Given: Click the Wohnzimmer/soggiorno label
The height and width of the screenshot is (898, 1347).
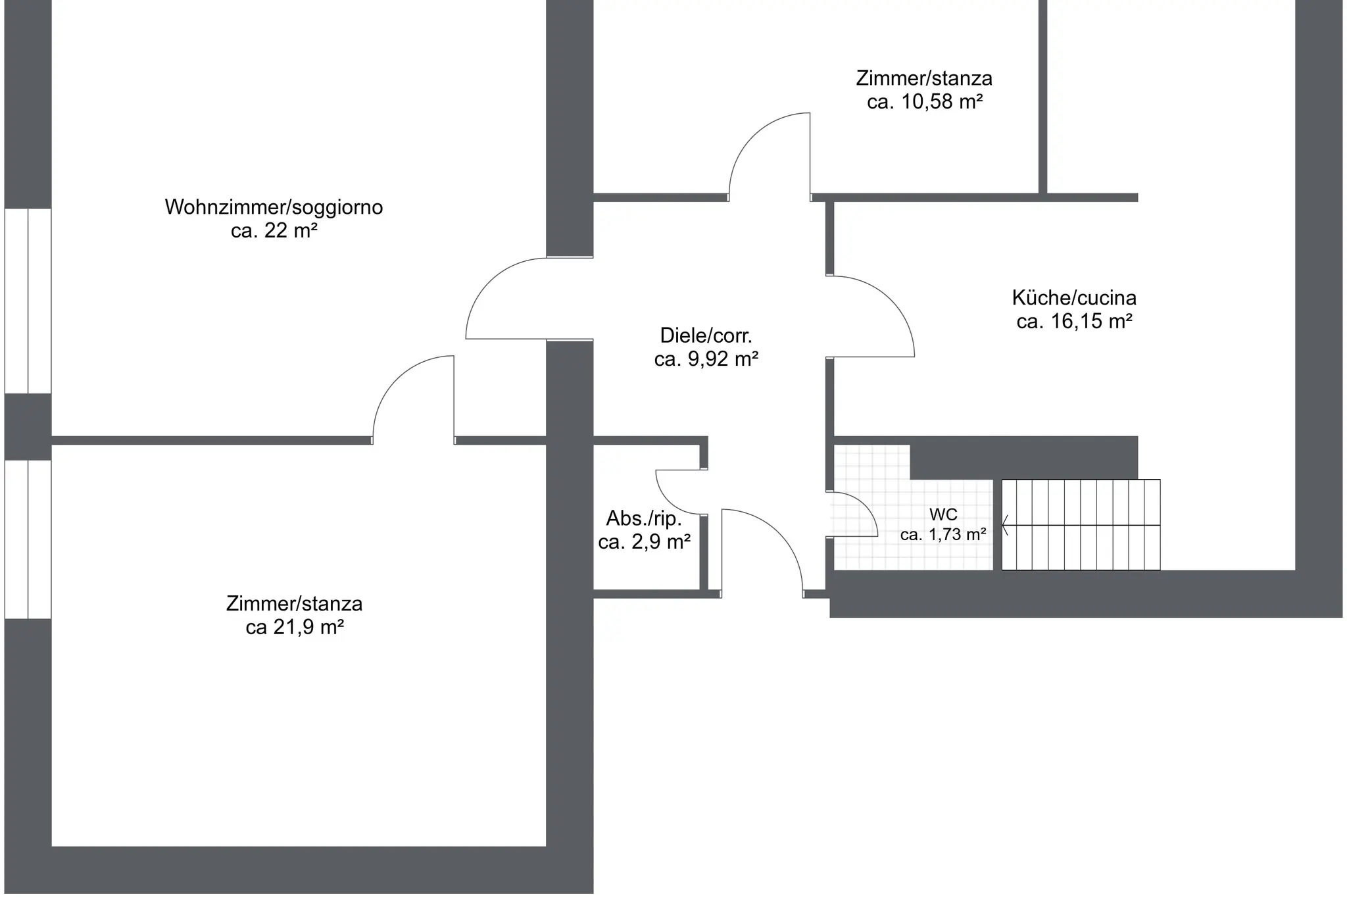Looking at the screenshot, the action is (274, 207).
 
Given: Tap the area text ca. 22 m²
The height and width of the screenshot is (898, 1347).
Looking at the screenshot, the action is (274, 231).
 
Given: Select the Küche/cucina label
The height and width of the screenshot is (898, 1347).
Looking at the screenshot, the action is (1074, 298).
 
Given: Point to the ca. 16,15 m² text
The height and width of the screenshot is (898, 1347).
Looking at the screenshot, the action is (1074, 322).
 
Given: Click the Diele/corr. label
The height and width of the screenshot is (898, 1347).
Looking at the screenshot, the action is (706, 336).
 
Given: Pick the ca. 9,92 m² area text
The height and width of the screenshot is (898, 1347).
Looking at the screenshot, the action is (706, 359).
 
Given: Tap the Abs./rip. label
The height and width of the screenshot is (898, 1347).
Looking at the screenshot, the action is (644, 518).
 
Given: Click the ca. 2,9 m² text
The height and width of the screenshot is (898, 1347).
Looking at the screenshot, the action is (644, 542).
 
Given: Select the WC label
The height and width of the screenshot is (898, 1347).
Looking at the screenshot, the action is (943, 514).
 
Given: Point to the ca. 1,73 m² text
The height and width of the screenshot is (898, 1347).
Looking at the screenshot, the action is (943, 535).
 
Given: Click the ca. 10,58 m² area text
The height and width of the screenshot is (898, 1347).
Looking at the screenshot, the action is (925, 102).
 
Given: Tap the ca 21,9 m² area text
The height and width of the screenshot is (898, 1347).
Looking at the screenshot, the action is (295, 628).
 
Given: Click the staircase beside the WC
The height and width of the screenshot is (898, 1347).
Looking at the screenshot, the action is (1081, 524).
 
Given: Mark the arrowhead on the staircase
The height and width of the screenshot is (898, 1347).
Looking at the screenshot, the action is (1004, 525).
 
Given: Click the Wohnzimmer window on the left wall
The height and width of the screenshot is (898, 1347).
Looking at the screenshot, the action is (28, 301).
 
